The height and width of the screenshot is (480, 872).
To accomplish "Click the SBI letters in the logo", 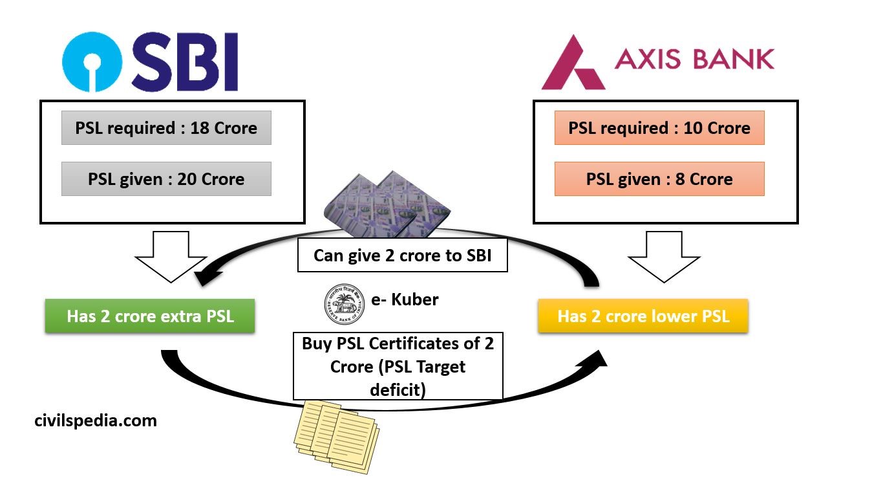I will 185,63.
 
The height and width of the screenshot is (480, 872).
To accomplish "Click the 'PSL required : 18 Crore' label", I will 166,128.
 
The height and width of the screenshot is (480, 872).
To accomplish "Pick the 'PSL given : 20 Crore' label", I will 166,179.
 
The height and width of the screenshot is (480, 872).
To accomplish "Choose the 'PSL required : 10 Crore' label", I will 659,128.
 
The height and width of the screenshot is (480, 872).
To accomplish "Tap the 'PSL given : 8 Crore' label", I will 659,179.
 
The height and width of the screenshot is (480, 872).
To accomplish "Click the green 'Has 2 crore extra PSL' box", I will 150,316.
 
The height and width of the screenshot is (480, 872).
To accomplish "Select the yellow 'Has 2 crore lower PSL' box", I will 643,316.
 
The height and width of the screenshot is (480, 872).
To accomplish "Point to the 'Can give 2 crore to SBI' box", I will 402,256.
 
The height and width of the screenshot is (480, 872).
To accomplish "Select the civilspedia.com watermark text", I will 96,420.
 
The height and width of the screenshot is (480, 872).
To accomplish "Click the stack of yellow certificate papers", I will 336,433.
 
